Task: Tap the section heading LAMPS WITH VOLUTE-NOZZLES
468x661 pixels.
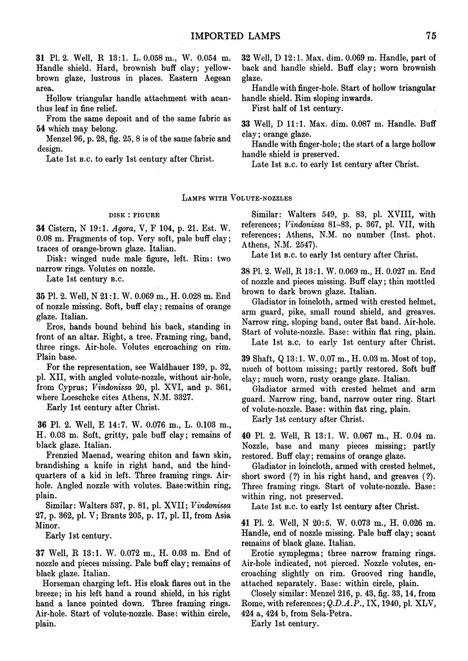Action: (x=234, y=196)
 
